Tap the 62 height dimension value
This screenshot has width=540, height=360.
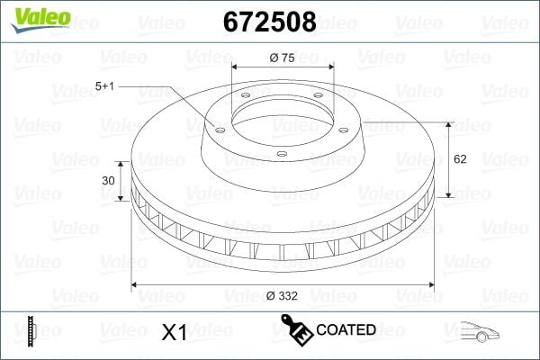pos(460,159)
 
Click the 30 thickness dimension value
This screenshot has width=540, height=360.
pos(109,180)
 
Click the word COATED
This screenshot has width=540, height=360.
pos(346,329)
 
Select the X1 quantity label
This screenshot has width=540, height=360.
pos(173,332)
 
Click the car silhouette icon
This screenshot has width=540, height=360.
pos(481,331)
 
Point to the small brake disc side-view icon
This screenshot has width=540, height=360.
pos(32,330)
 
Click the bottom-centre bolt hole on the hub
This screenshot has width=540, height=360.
pos(282,155)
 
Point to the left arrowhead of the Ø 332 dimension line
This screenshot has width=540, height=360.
pos(136,285)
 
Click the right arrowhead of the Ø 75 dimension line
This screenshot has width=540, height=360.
pos(332,67)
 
